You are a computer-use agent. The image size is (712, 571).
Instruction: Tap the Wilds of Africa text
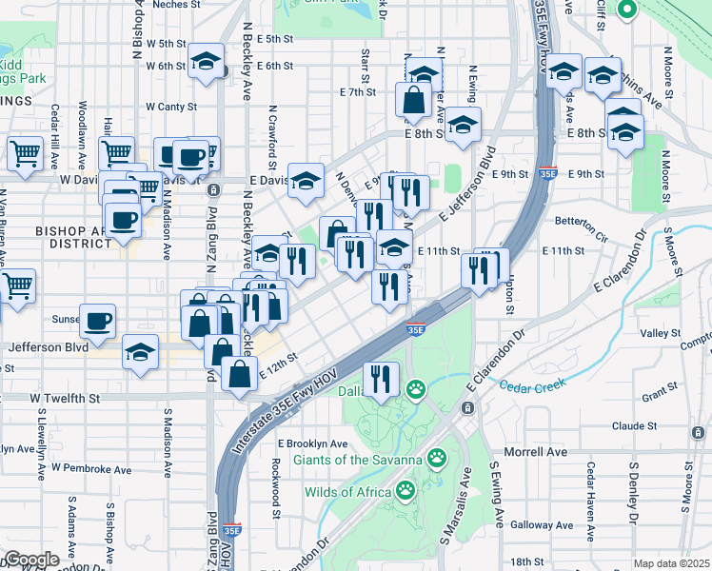(x=347, y=492)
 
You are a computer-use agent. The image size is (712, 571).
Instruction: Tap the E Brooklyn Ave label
(x=313, y=443)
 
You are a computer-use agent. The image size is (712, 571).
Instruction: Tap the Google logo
(x=31, y=560)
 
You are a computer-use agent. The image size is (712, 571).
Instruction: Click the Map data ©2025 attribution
(x=671, y=563)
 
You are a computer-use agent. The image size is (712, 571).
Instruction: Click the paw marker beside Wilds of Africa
(x=405, y=491)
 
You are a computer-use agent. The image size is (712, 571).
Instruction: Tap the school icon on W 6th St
(x=206, y=62)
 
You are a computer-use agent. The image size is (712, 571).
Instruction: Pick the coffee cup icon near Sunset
(x=97, y=321)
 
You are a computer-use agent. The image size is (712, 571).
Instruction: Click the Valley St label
(x=654, y=333)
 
